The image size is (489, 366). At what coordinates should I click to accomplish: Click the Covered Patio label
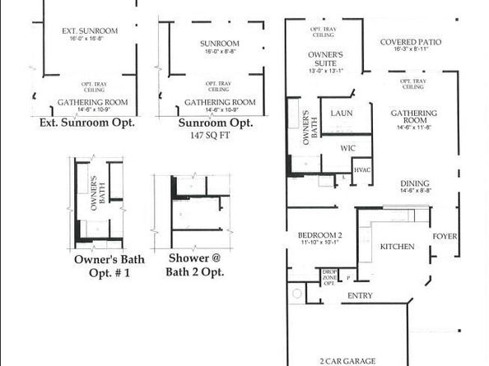coord(412,42)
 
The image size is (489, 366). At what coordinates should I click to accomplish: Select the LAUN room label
coord(341,113)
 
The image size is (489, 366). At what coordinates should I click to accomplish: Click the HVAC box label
coord(362,169)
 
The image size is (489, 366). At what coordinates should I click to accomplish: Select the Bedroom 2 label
coord(318,235)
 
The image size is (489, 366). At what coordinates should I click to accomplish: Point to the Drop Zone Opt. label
coord(328,277)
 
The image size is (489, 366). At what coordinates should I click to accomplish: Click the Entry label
coord(361,294)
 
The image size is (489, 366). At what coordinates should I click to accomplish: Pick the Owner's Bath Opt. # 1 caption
coord(109,265)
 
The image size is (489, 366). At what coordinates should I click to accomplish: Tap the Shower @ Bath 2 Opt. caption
coord(193,265)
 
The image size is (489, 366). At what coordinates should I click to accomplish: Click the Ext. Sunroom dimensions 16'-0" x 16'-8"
coord(90,38)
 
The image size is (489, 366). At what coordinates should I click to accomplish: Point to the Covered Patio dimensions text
coord(412,49)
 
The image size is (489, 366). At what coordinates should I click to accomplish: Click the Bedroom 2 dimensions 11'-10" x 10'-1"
coord(318,243)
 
